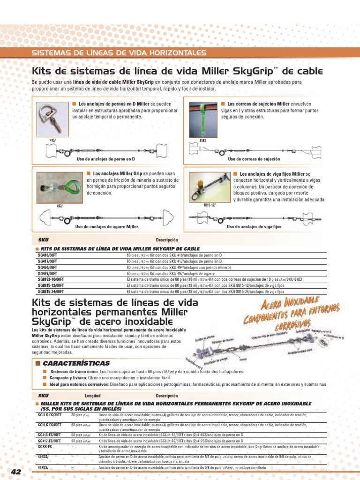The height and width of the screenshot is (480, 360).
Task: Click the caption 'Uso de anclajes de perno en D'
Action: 105,159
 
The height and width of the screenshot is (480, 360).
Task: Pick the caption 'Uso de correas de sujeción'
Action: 250,159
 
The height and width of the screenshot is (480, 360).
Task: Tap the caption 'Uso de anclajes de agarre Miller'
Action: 107,227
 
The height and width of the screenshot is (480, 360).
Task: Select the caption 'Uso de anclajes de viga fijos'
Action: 254,227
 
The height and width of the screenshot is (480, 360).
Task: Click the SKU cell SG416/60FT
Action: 47,255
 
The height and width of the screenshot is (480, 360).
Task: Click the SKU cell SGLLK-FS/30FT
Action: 49,415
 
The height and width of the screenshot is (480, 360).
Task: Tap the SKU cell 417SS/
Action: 44,468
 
